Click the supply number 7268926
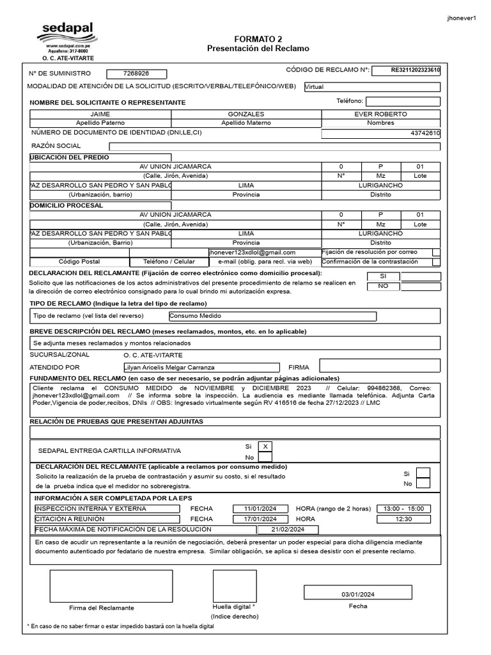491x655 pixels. pos(136,74)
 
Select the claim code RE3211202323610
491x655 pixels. pos(406,70)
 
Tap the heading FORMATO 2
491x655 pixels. pos(258,39)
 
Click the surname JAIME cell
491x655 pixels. pos(100,114)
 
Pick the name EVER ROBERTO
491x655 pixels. pos(380,114)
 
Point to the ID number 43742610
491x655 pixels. pos(425,133)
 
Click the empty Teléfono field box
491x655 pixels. pos(403,101)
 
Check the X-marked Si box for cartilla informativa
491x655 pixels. pos(265,446)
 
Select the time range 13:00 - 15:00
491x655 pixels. pos(403,509)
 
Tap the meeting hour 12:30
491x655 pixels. pos(403,519)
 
